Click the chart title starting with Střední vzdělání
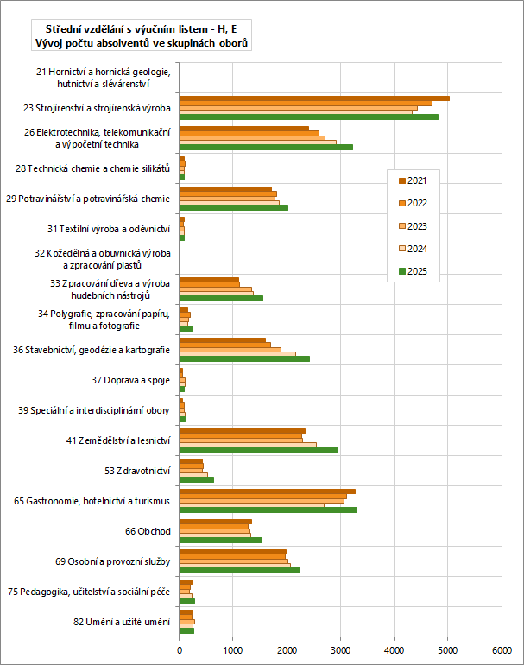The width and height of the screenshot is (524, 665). (x=141, y=35)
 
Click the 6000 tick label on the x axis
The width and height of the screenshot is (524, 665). (x=502, y=649)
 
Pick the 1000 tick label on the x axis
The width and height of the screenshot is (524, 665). (x=233, y=649)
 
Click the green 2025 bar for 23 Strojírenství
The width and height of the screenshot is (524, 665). (x=309, y=117)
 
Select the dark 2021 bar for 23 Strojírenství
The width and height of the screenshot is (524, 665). (x=314, y=98)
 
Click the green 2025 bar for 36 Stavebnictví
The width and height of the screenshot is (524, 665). (x=244, y=358)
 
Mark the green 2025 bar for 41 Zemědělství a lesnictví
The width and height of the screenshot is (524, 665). (x=259, y=449)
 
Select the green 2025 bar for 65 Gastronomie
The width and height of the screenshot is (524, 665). (x=268, y=510)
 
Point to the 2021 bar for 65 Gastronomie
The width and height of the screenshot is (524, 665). (x=268, y=491)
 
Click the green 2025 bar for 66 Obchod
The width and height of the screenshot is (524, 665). (x=221, y=540)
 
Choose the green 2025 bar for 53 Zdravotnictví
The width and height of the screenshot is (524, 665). (x=197, y=479)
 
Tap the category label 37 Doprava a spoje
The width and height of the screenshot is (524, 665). (x=131, y=379)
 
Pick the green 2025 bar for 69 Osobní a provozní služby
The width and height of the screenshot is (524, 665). (x=240, y=570)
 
